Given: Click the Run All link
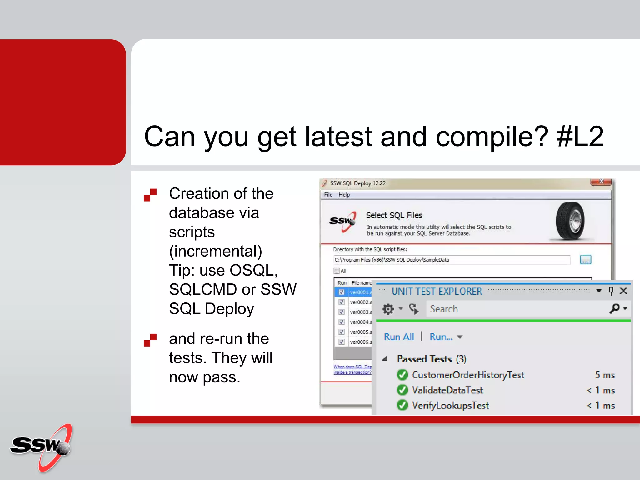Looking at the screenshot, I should pyautogui.click(x=399, y=337).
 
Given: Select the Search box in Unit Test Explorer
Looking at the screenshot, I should pyautogui.click(x=516, y=309).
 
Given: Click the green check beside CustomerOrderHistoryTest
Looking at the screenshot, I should pyautogui.click(x=402, y=375).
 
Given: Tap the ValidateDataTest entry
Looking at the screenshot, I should pyautogui.click(x=447, y=390).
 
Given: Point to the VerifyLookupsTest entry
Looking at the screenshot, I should pyautogui.click(x=450, y=405).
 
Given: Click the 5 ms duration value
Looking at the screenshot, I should pyautogui.click(x=605, y=375).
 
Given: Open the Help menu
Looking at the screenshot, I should pyautogui.click(x=344, y=195).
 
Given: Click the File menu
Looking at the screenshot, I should pyautogui.click(x=328, y=195).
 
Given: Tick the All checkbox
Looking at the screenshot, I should pyautogui.click(x=337, y=271).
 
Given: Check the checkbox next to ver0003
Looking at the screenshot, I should pyautogui.click(x=342, y=312).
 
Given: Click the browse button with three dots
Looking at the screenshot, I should pyautogui.click(x=585, y=260).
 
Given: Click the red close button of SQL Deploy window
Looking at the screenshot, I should pyautogui.click(x=601, y=182).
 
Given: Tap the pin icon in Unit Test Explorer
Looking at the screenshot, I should pyautogui.click(x=611, y=291).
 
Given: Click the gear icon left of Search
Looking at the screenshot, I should pyautogui.click(x=388, y=309).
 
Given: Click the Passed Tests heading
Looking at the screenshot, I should pyautogui.click(x=424, y=359).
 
